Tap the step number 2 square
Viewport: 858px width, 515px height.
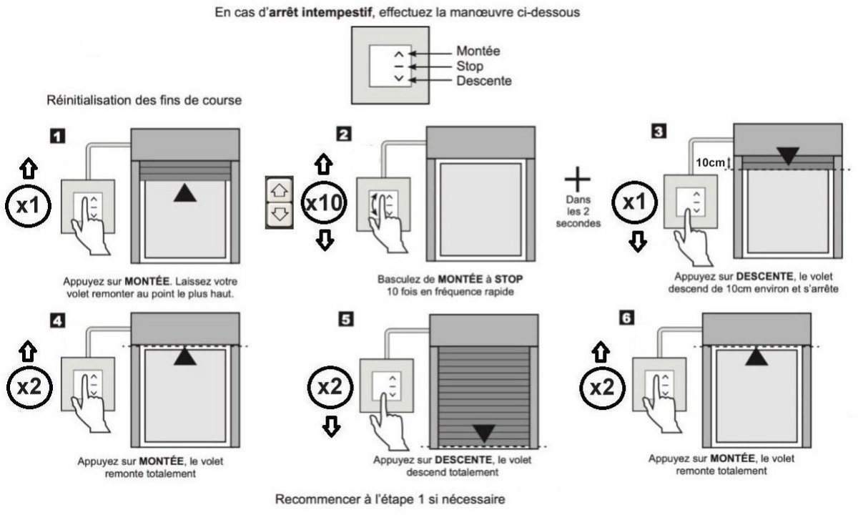(x=345, y=134)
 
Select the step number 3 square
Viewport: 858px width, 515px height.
(x=659, y=132)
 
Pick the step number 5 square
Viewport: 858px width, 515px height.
(x=346, y=320)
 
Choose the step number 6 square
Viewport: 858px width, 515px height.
(x=627, y=317)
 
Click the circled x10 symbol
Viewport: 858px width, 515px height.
(x=325, y=202)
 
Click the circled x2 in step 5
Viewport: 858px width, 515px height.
(x=330, y=386)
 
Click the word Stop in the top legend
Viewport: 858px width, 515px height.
(x=470, y=66)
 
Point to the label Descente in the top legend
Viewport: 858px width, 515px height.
(x=484, y=81)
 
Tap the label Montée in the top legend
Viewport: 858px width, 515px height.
(x=478, y=51)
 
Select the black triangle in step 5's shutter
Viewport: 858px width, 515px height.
(x=484, y=432)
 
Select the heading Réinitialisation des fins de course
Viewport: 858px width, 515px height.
(x=144, y=101)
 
